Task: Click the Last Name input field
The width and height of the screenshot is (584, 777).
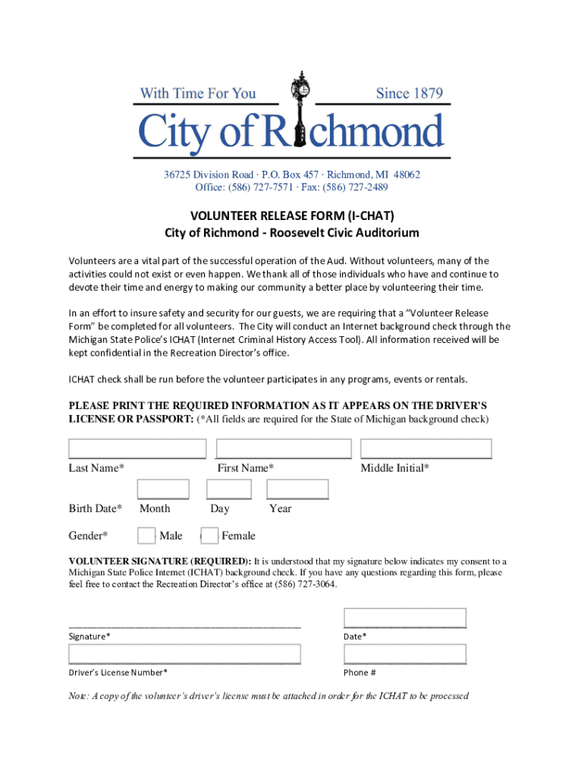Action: [x=137, y=448]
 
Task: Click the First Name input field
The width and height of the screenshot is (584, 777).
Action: [x=284, y=448]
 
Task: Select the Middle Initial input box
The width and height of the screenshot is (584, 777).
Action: [x=426, y=448]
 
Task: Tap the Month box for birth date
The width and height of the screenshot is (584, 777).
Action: [x=163, y=489]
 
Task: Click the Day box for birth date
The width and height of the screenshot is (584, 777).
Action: [x=229, y=489]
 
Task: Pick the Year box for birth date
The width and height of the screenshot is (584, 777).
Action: [x=297, y=489]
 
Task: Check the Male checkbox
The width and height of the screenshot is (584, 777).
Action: [x=146, y=536]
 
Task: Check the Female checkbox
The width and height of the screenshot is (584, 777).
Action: [x=210, y=536]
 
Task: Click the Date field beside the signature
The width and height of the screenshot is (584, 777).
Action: [x=405, y=618]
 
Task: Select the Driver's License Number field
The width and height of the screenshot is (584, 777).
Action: [x=185, y=654]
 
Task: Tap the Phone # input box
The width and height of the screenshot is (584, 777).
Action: [x=405, y=654]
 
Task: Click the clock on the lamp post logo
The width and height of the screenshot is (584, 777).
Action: [x=301, y=87]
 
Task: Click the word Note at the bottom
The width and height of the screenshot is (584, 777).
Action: [x=79, y=696]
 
